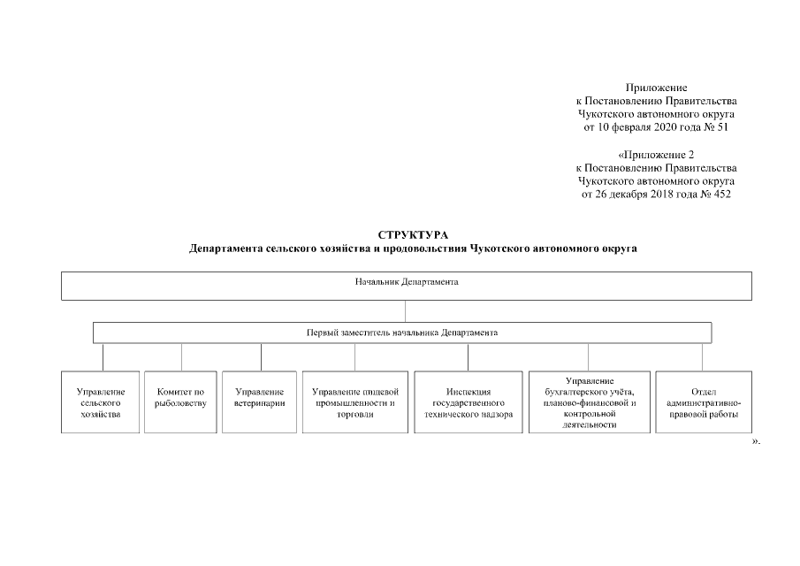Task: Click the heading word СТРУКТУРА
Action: pyautogui.click(x=413, y=234)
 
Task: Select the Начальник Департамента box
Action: pyautogui.click(x=406, y=286)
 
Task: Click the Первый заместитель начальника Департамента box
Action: pyautogui.click(x=402, y=333)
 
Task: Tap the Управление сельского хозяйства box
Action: pyautogui.click(x=101, y=402)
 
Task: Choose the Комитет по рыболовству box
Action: pyautogui.click(x=181, y=402)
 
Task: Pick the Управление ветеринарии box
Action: pyautogui.click(x=260, y=402)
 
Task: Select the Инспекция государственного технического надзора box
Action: pyautogui.click(x=468, y=402)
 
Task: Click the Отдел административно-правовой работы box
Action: pyautogui.click(x=704, y=402)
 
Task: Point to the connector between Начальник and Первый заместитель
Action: pyautogui.click(x=405, y=311)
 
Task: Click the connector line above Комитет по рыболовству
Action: pyautogui.click(x=181, y=357)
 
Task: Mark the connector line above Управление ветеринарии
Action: pyautogui.click(x=261, y=357)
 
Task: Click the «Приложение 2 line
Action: pyautogui.click(x=656, y=155)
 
